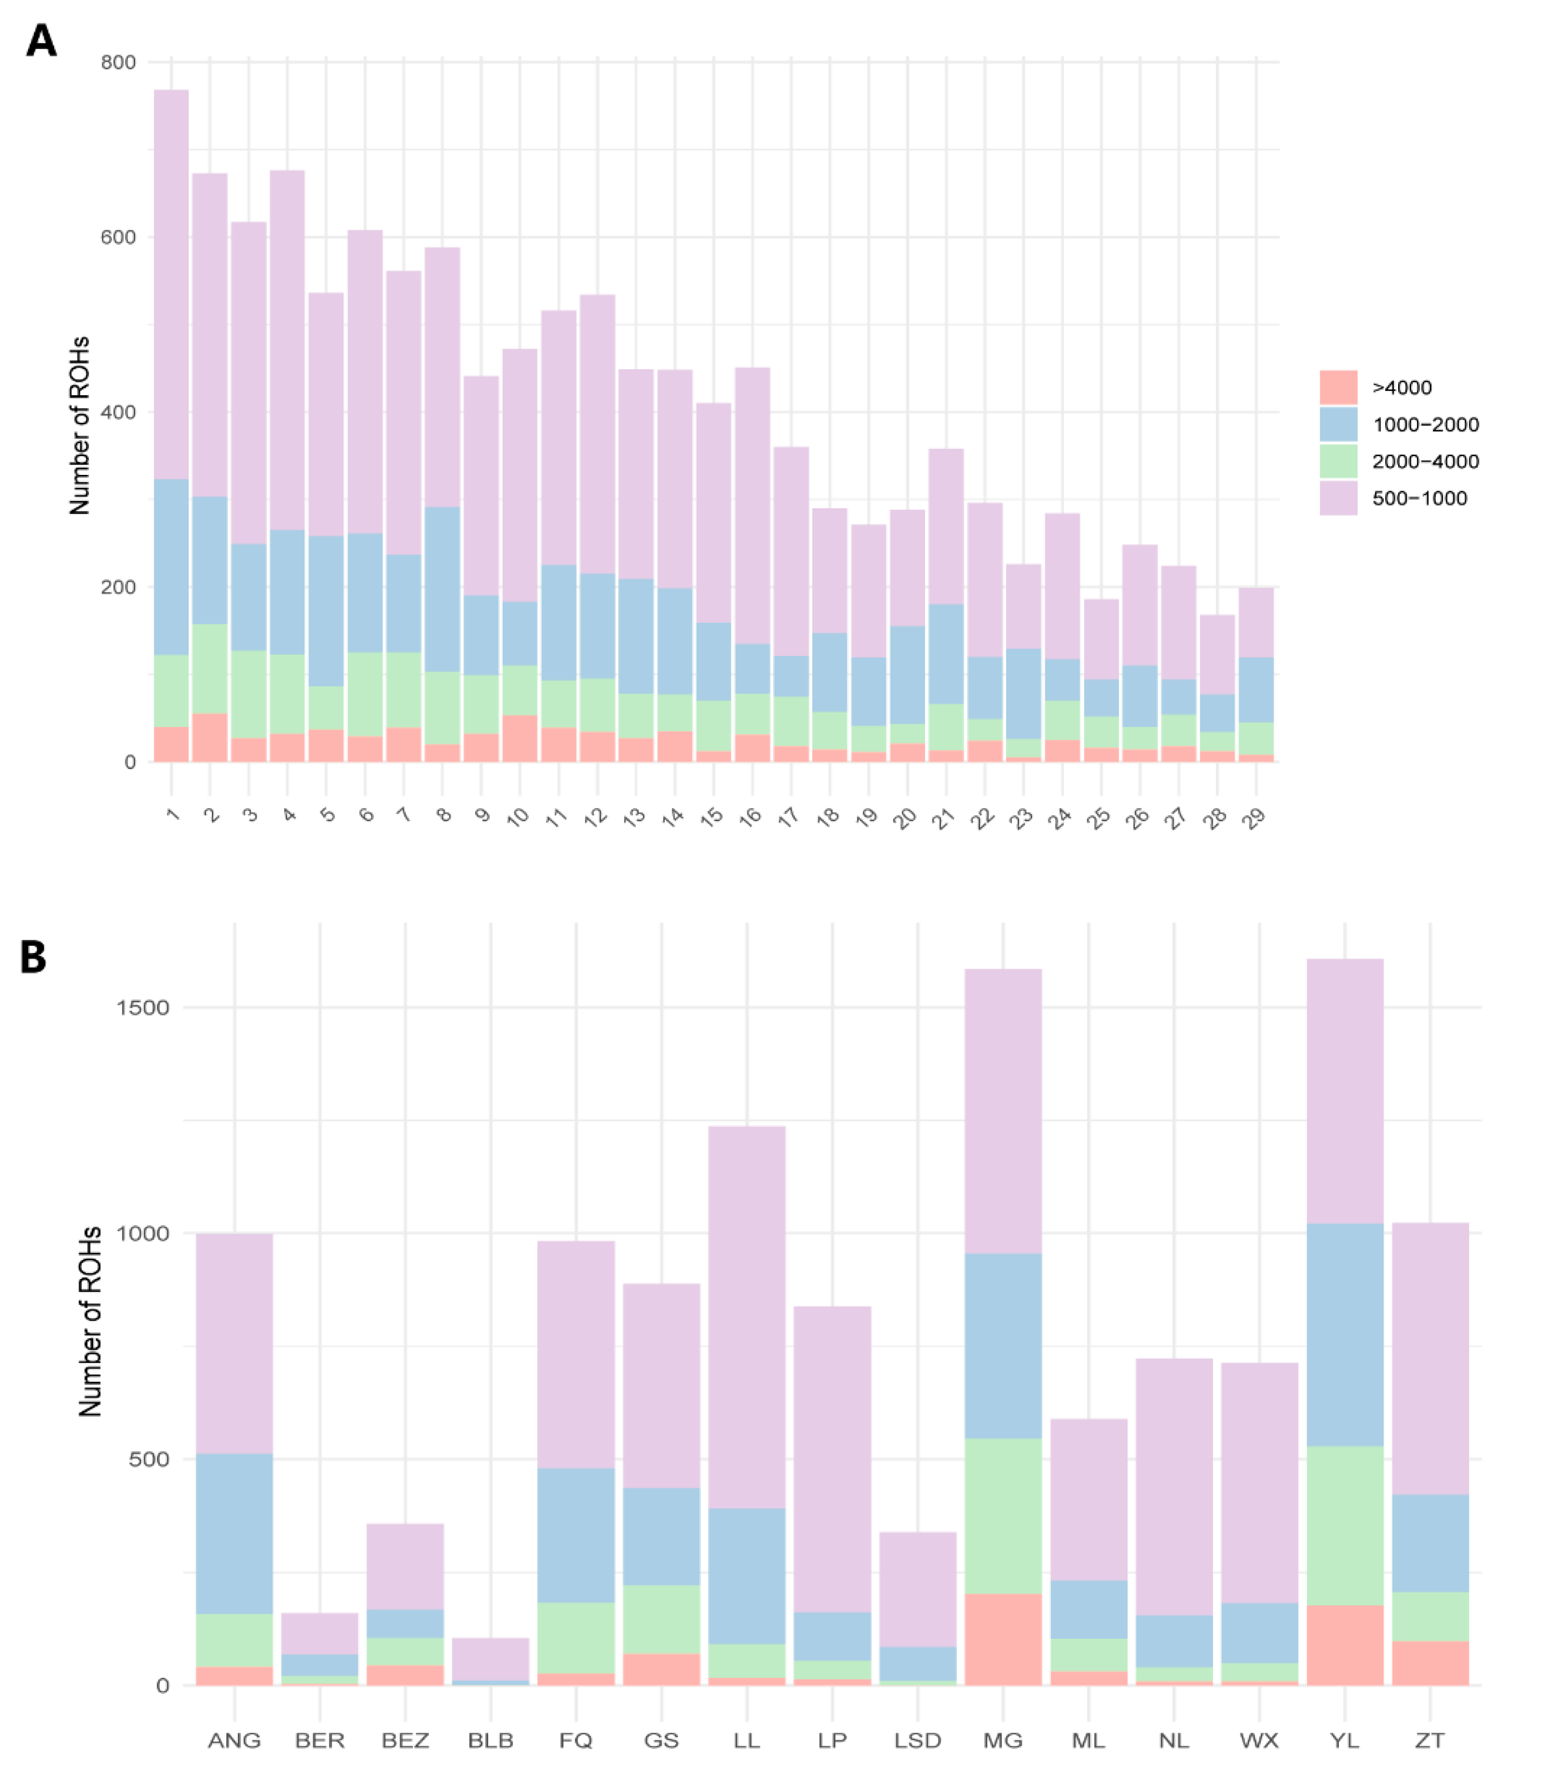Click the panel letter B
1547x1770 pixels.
coord(33,957)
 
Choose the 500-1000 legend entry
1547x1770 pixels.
coord(1419,498)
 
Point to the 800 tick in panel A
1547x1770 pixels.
coord(118,62)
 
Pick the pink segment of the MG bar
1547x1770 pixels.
coord(1002,1640)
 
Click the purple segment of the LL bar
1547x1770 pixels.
coord(747,1317)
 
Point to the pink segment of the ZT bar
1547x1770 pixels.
coord(1429,1663)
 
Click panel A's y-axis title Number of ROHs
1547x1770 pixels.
coord(80,425)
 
